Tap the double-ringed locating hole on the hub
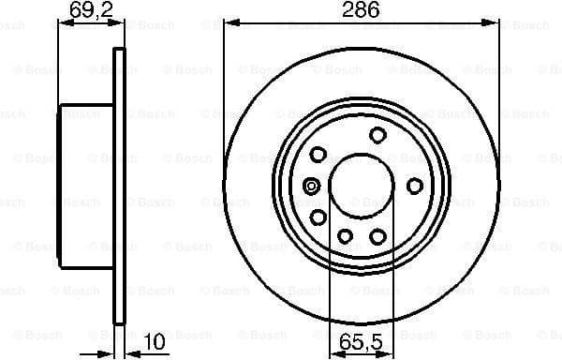tap(311, 185)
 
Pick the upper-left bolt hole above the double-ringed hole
tap(318, 153)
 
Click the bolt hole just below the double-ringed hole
tap(318, 217)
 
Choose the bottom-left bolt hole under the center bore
tap(344, 235)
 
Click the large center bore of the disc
tap(356, 183)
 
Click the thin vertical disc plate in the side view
tap(118, 187)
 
